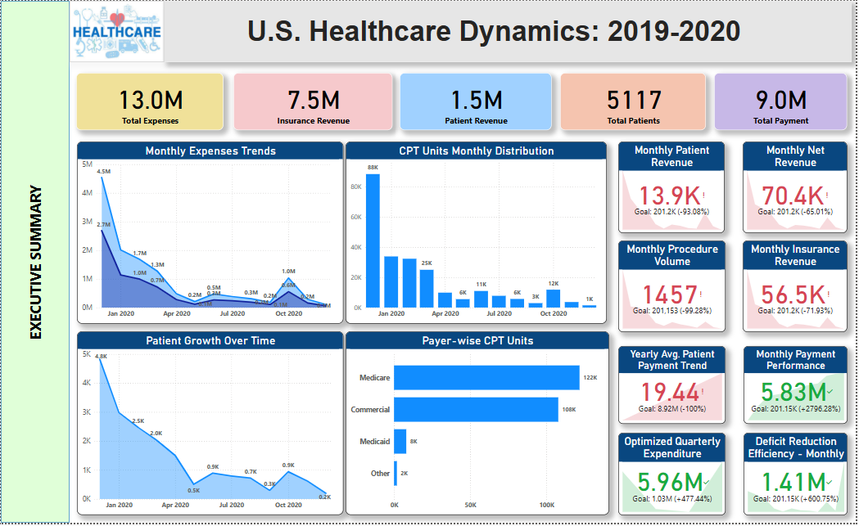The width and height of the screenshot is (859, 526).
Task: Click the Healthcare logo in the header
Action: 117,32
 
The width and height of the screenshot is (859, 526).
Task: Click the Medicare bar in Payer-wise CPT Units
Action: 486,378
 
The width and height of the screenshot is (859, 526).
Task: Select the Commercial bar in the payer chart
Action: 476,409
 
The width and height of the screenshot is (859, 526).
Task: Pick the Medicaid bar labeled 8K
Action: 400,441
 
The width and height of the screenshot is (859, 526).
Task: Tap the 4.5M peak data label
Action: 103,171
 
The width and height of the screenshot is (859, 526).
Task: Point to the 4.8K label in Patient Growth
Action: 102,356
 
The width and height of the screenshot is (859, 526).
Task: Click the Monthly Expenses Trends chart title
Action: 210,151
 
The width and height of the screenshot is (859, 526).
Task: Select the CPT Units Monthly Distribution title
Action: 477,151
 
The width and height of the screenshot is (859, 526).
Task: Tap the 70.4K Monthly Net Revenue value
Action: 792,196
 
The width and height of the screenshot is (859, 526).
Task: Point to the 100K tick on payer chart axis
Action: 546,504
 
